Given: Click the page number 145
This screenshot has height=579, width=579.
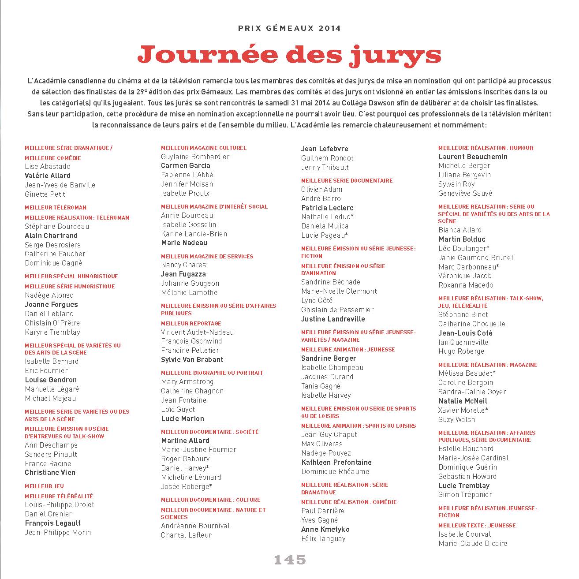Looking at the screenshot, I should click(290, 560).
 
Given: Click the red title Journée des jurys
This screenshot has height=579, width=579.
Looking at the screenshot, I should click(289, 55).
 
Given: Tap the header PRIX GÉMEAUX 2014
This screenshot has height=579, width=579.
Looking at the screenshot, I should click(289, 28).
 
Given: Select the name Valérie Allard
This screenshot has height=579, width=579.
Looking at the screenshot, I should click(48, 176).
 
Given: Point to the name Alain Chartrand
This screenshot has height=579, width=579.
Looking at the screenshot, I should click(51, 235).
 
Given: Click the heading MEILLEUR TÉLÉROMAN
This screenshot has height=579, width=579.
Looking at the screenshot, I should click(56, 207).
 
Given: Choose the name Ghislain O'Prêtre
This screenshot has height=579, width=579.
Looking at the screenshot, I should click(52, 323).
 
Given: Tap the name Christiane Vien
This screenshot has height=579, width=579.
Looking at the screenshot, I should click(50, 472).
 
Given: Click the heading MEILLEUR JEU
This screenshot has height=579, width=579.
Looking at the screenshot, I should click(44, 486).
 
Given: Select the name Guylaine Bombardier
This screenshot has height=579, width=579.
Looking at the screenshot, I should click(195, 157).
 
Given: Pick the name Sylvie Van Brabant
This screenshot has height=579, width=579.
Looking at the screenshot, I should click(192, 359).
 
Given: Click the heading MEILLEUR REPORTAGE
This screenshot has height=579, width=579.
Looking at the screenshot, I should click(191, 323).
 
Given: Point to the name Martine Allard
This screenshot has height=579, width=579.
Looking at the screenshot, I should click(185, 441).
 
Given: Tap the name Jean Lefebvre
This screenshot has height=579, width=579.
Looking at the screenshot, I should click(325, 149).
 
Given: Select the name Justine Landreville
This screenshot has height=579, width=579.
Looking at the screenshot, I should click(333, 319).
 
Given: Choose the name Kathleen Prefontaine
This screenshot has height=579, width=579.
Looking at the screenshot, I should click(336, 462).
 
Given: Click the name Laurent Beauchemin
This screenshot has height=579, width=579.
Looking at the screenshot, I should click(473, 157).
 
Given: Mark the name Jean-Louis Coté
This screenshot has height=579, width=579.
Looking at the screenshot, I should click(465, 333).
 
